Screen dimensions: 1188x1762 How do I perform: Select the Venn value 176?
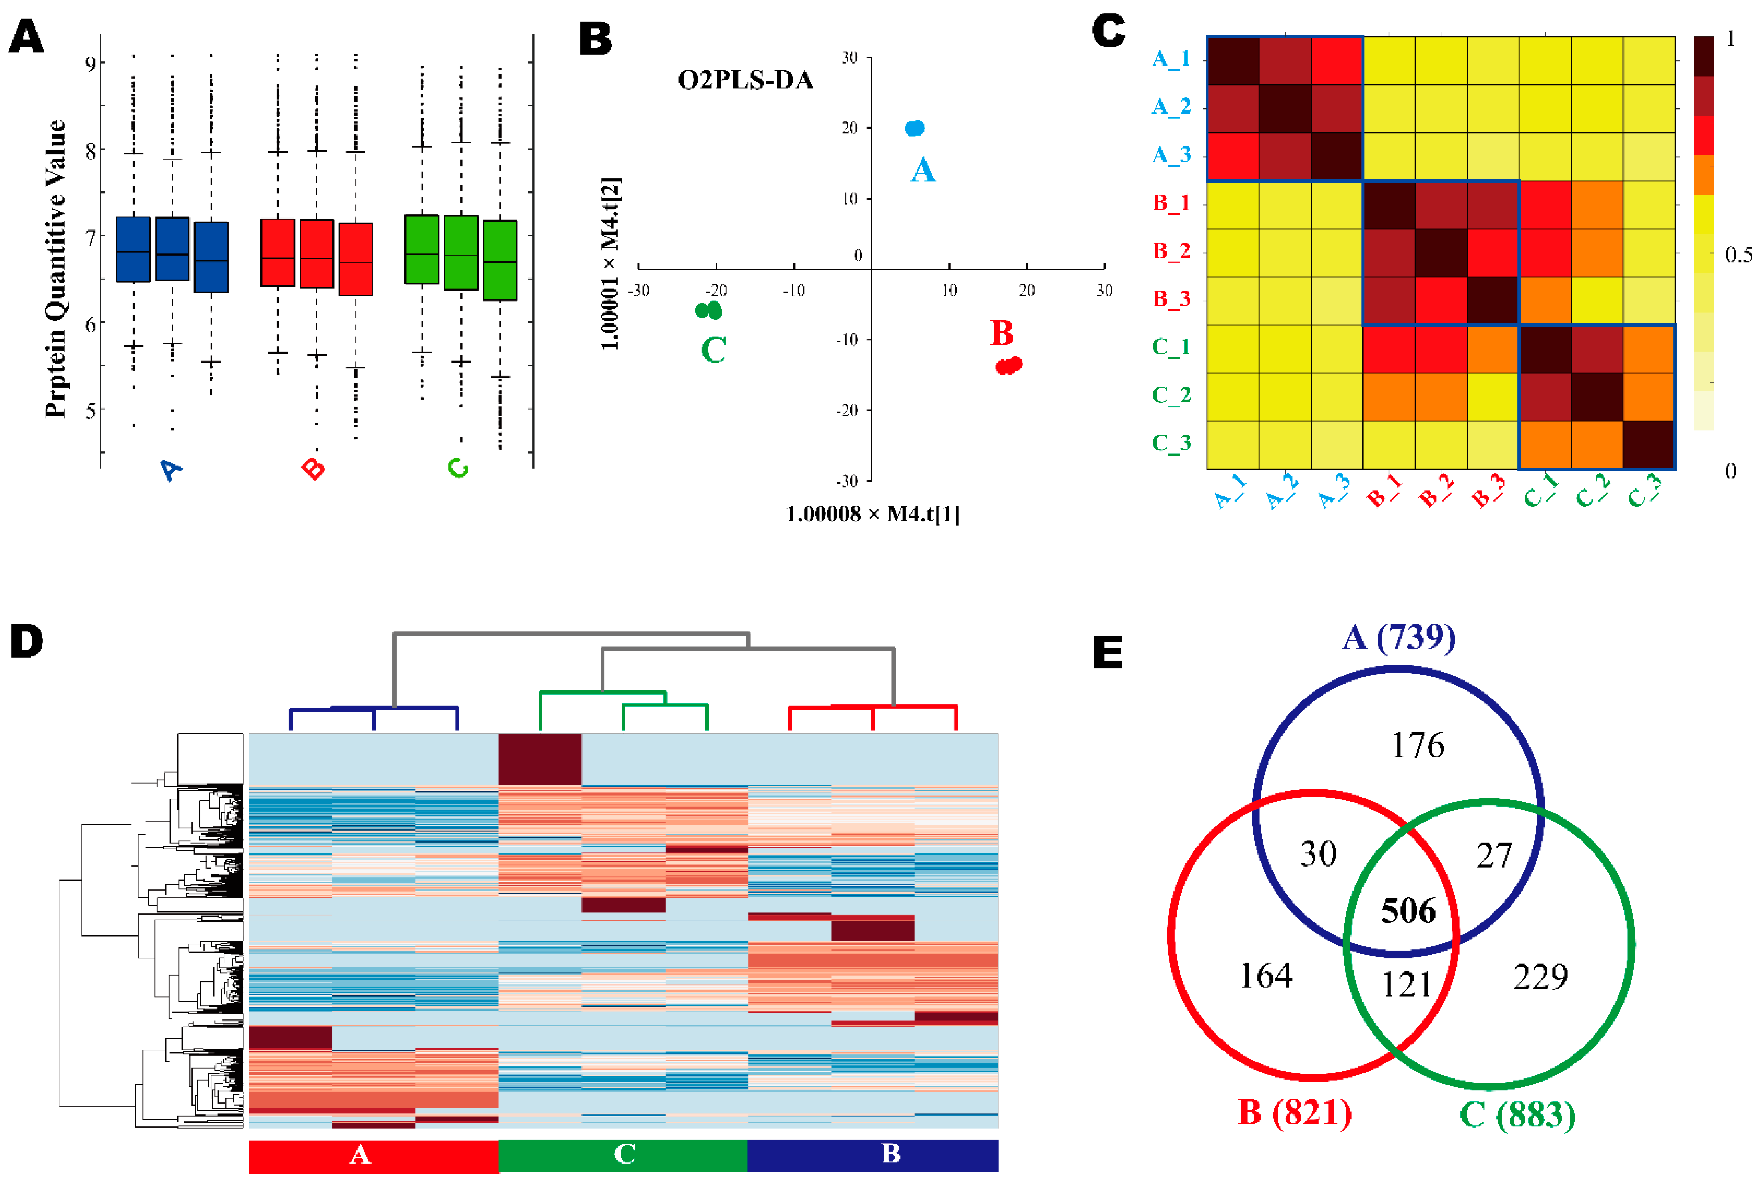[x=1417, y=746]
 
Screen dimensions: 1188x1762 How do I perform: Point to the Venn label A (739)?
[x=1398, y=637]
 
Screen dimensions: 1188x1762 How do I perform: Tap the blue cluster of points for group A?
[x=915, y=129]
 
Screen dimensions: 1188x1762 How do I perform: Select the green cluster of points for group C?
[x=708, y=310]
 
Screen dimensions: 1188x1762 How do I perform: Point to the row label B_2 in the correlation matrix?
[x=1171, y=251]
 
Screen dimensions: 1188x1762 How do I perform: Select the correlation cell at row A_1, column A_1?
[x=1232, y=60]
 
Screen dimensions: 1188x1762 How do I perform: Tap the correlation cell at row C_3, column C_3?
[x=1648, y=445]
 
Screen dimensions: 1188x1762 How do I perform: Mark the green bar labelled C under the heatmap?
[x=623, y=1155]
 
